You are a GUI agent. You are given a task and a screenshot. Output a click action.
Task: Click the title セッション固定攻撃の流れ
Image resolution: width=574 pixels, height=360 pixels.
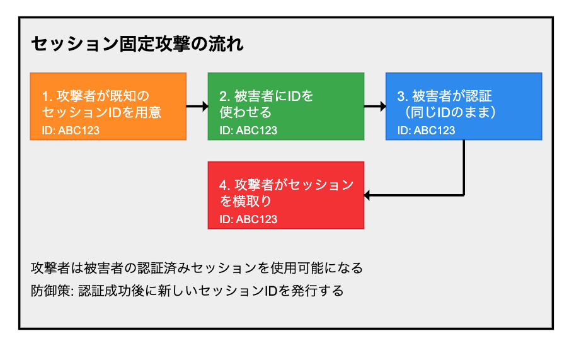[x=137, y=44]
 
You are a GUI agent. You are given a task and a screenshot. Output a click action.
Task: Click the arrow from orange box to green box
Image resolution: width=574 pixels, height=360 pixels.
[x=197, y=107]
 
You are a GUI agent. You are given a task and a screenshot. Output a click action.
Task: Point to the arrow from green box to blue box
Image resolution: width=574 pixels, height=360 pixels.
[x=375, y=107]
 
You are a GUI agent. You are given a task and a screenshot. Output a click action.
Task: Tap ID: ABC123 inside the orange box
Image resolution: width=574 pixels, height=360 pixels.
[x=71, y=131]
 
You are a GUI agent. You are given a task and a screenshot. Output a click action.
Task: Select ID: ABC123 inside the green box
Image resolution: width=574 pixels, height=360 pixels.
[x=248, y=131]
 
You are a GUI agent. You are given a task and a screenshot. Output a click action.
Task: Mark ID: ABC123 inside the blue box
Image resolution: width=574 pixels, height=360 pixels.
[x=426, y=131]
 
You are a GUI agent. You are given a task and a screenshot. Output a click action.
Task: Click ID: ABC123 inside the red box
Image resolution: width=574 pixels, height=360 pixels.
[x=248, y=219]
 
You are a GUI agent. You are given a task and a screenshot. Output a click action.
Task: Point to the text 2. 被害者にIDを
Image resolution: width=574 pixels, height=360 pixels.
[x=266, y=96]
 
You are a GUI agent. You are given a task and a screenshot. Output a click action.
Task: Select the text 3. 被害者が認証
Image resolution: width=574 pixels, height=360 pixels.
[x=444, y=96]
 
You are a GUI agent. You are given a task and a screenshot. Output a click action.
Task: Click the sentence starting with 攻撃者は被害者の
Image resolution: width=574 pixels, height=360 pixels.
[x=197, y=267]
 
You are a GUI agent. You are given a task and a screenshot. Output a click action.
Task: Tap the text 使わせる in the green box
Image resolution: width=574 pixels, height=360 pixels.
[x=246, y=113]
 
